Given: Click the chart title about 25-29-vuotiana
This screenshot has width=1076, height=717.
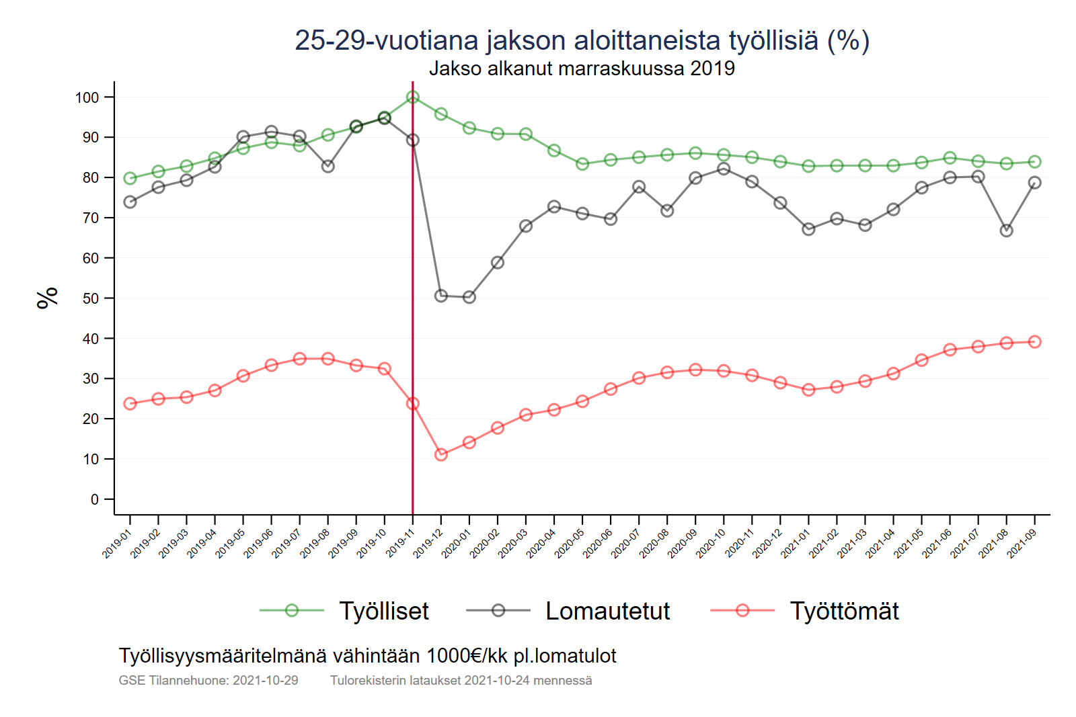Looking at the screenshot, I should (x=582, y=40).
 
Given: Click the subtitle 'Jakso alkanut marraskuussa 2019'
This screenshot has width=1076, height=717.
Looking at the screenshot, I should (x=582, y=69).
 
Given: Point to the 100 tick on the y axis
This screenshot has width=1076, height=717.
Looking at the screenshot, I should (x=87, y=97).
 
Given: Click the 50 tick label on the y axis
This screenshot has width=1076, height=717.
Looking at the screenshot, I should (x=90, y=298).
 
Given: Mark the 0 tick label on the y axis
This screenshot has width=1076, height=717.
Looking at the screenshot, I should (x=94, y=499).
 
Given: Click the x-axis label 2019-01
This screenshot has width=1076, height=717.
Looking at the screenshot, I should (x=116, y=544).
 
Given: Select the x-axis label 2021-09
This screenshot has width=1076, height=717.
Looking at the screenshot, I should (x=1022, y=544).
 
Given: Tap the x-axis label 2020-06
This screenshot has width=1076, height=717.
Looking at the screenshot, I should (x=597, y=544).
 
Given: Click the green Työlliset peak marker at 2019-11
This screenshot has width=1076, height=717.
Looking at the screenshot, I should (x=413, y=97).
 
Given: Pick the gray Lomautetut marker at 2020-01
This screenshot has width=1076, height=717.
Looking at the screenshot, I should (x=469, y=297).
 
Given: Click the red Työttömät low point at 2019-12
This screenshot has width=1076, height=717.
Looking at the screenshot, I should (x=441, y=455).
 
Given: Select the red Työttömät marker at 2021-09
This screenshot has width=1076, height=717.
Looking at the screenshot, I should (x=1034, y=342).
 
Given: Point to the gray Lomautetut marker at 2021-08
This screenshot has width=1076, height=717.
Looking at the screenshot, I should (x=1006, y=230).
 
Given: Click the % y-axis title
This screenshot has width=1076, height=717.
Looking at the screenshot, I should (x=48, y=298).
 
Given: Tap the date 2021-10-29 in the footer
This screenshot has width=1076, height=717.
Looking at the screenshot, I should (x=266, y=681).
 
